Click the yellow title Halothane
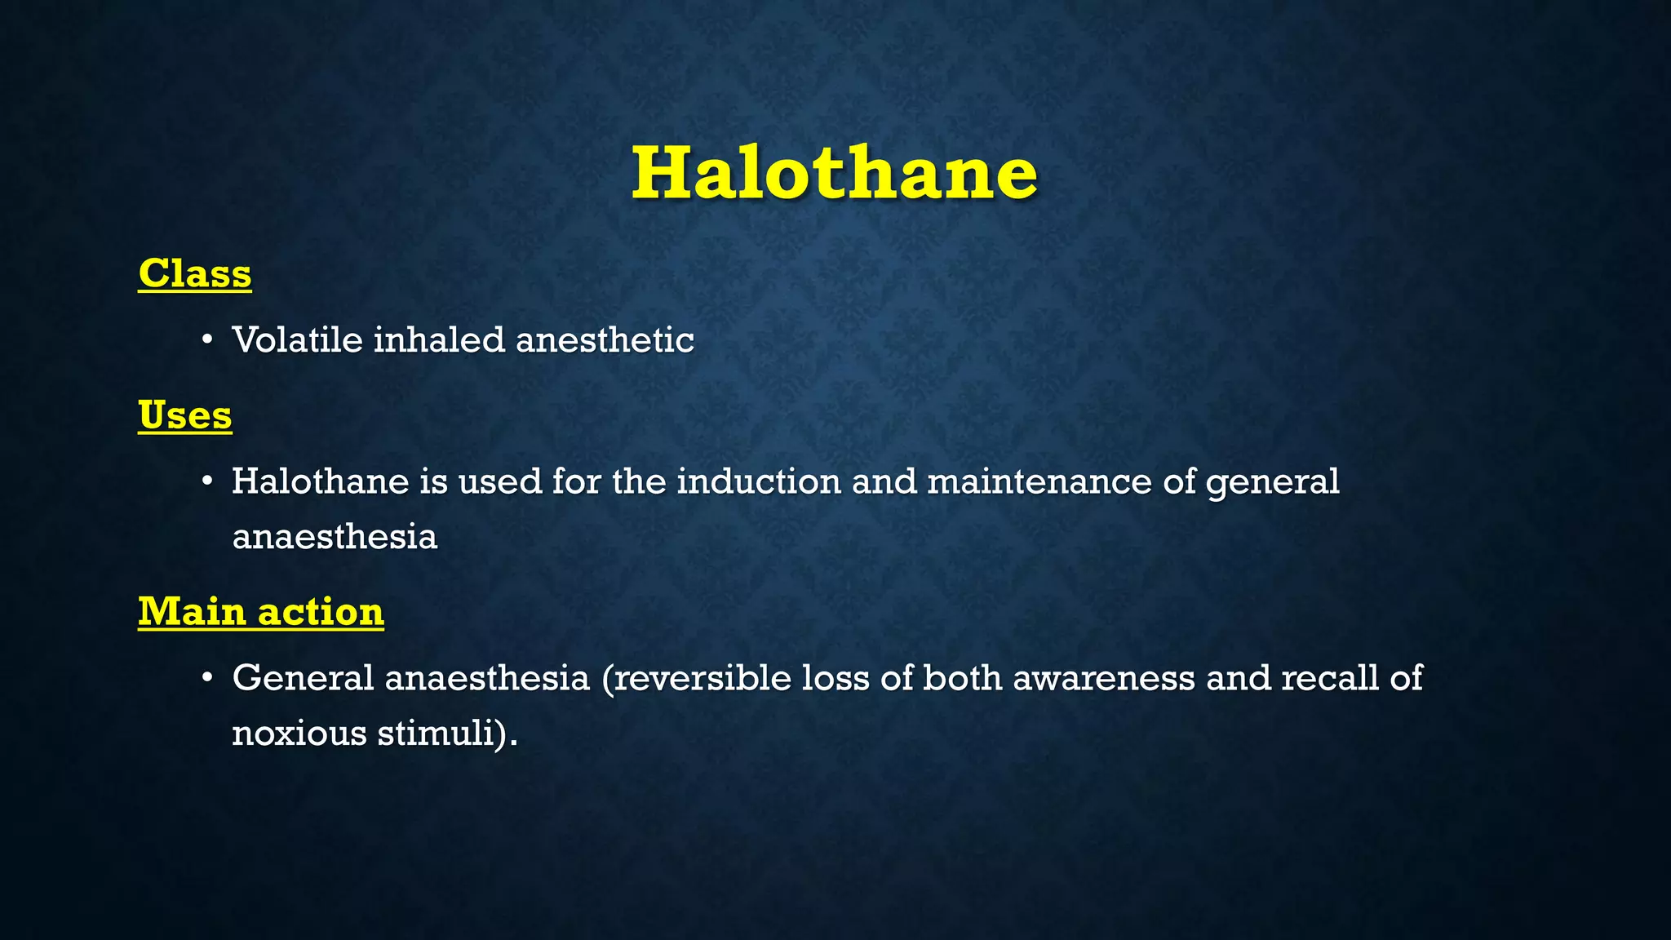[834, 173]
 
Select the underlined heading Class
[194, 273]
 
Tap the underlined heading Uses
[184, 415]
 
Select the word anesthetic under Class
[605, 339]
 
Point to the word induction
[759, 481]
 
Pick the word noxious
[299, 733]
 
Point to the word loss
[835, 678]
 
